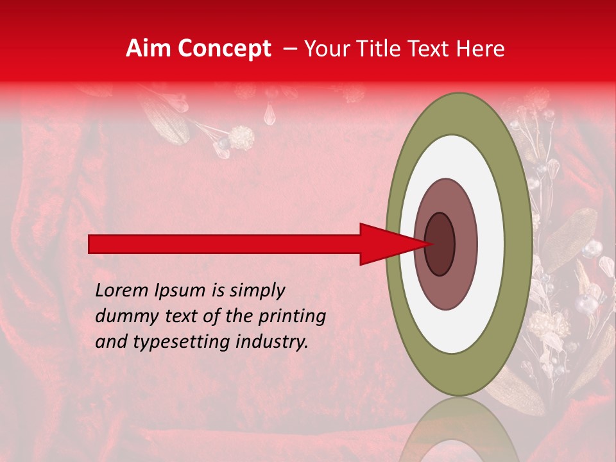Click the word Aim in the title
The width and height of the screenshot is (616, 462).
pos(149,49)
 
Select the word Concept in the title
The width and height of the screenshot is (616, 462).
pos(223,49)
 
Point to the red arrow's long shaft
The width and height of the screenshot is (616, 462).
pos(225,244)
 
